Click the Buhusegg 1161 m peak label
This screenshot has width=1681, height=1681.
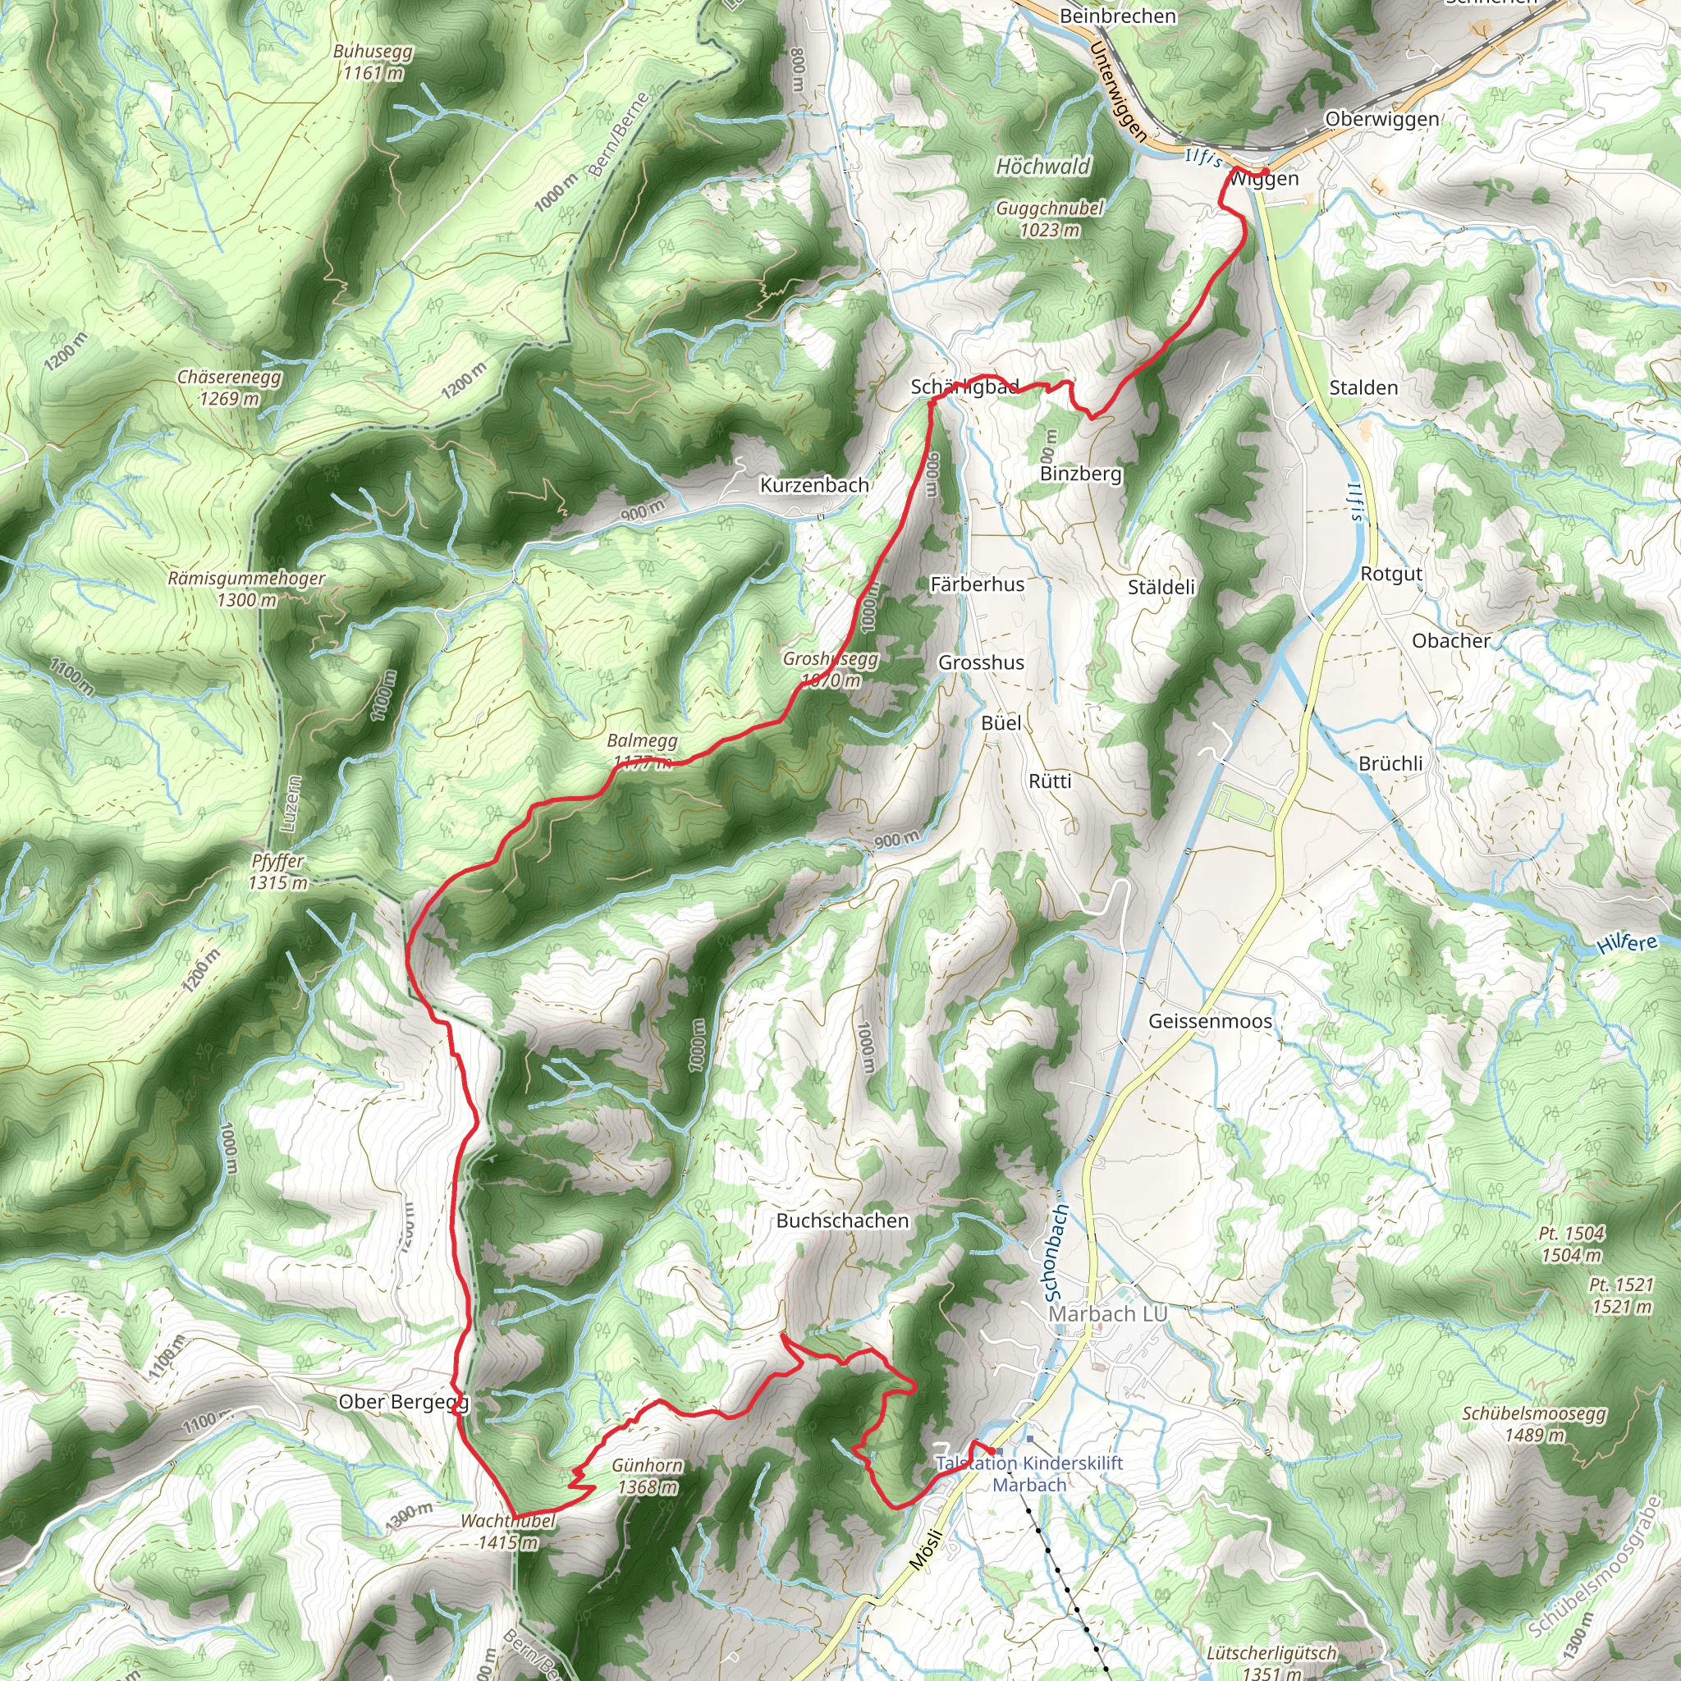tap(373, 62)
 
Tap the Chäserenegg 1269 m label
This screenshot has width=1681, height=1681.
tap(229, 388)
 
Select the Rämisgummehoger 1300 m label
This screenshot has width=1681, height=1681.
tap(246, 589)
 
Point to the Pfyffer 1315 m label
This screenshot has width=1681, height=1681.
tap(277, 872)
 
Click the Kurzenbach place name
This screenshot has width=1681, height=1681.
tap(814, 486)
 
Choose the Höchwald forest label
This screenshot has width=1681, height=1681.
tap(1042, 166)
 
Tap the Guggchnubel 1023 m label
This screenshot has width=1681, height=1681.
tap(1049, 219)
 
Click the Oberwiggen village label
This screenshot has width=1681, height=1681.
tap(1381, 119)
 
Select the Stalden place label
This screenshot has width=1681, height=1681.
tap(1363, 388)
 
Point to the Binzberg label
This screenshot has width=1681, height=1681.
tap(1081, 474)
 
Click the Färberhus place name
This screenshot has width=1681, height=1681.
tap(977, 584)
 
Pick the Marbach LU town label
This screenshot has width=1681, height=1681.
tap(1107, 1314)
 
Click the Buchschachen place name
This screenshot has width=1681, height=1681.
tap(842, 1221)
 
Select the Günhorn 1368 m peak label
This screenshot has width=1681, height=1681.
tap(647, 1477)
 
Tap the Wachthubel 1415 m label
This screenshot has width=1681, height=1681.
tap(507, 1532)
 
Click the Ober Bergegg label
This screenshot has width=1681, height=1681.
tap(403, 1402)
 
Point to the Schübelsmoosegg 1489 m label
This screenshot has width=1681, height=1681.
tap(1534, 1424)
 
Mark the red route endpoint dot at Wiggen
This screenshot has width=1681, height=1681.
tap(1265, 171)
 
